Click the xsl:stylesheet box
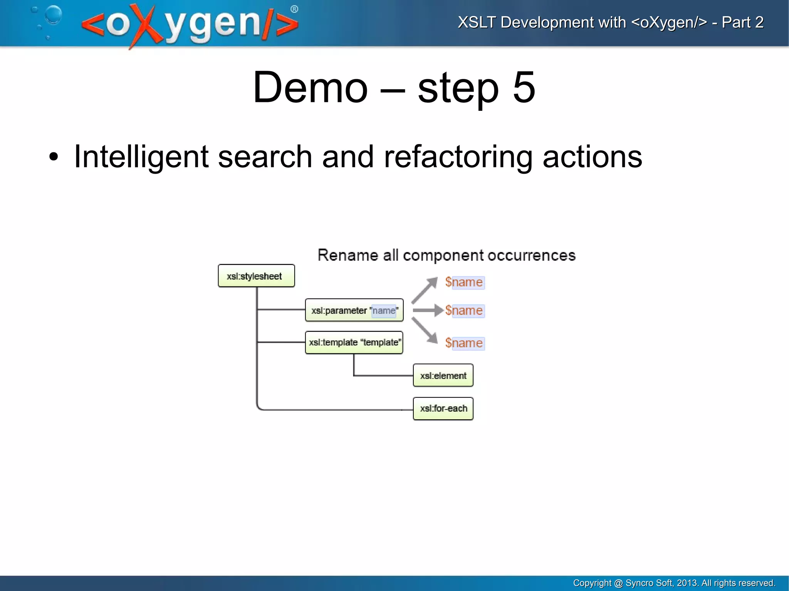click(256, 276)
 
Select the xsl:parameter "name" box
click(354, 310)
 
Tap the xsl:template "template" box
click(354, 342)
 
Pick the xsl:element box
click(443, 375)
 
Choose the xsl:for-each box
click(443, 409)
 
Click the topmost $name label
click(464, 282)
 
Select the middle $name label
click(464, 311)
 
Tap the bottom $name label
click(464, 343)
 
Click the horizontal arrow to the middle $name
click(427, 310)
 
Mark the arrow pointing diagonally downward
click(425, 330)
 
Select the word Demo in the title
click(311, 88)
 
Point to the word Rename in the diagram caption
click(347, 255)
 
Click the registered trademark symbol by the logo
click(294, 9)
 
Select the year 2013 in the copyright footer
click(687, 583)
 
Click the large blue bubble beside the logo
click(54, 15)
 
